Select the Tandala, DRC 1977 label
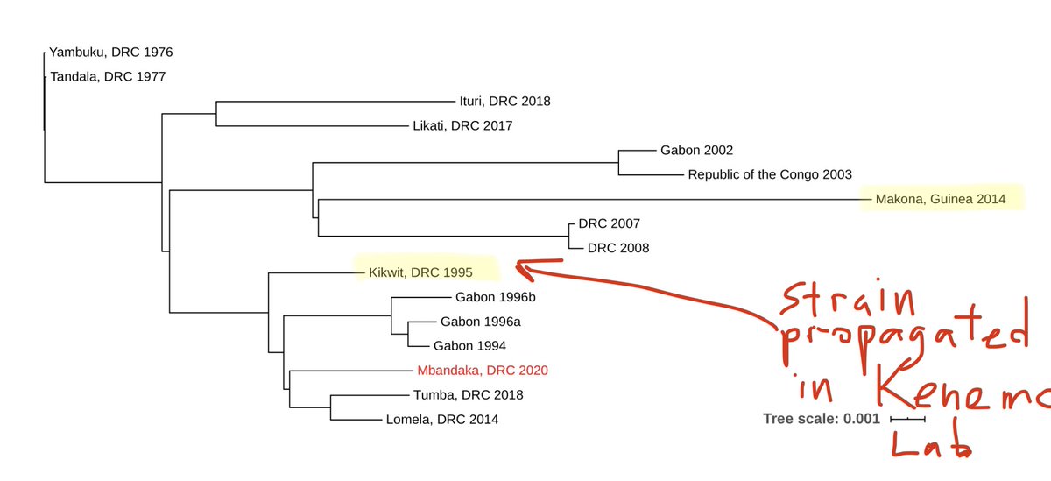point(108,76)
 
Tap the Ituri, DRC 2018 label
point(504,101)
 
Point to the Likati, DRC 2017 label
point(462,125)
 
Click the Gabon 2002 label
point(696,150)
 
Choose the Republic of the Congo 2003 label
point(770,174)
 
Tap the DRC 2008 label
point(618,248)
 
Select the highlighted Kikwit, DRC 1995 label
point(425,272)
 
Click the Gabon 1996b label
point(496,297)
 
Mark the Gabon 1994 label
point(469,345)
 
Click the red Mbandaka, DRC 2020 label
point(483,370)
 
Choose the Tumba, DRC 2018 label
point(468,394)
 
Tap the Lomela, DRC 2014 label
point(441,419)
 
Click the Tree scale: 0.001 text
point(822,419)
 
